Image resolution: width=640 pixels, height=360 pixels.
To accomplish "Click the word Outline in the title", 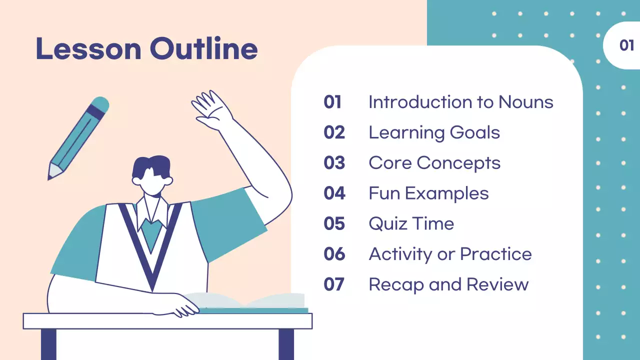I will pyautogui.click(x=203, y=49).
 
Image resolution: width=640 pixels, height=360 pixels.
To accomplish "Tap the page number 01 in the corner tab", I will pyautogui.click(x=626, y=45).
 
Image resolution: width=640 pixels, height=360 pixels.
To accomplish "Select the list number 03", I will pyautogui.click(x=334, y=163).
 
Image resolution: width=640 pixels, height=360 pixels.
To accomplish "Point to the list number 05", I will pyautogui.click(x=334, y=223).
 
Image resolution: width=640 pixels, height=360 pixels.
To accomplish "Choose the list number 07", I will pyautogui.click(x=334, y=284).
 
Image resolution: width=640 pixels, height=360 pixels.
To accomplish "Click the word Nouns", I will pyautogui.click(x=525, y=102).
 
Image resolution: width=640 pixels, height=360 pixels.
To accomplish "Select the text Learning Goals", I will pyautogui.click(x=434, y=132).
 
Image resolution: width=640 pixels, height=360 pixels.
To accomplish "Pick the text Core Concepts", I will pyautogui.click(x=434, y=163).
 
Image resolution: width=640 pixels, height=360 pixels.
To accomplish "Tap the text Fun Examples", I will pyautogui.click(x=428, y=193).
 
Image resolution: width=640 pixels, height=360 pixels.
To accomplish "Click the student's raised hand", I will pyautogui.click(x=210, y=110).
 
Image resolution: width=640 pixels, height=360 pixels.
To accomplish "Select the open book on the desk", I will pyautogui.click(x=250, y=302).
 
